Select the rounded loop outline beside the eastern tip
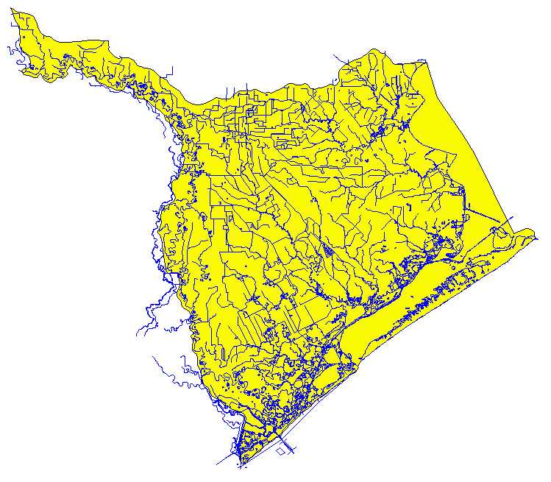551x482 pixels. click(x=502, y=234)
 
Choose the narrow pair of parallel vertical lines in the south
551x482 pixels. click(x=292, y=316)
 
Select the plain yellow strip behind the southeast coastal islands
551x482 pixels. click(x=368, y=331)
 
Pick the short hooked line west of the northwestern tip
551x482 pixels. click(x=9, y=52)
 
